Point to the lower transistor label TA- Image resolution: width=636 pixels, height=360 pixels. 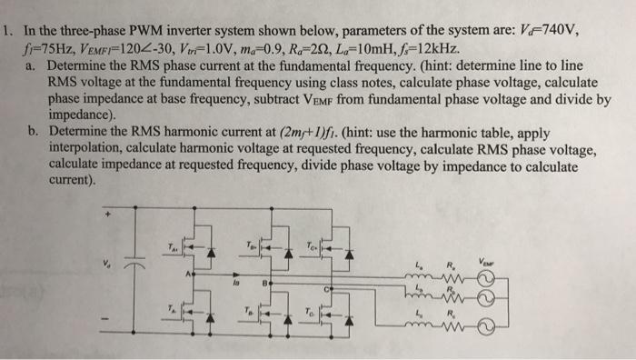170,307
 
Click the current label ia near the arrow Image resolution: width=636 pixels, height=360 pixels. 234,283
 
